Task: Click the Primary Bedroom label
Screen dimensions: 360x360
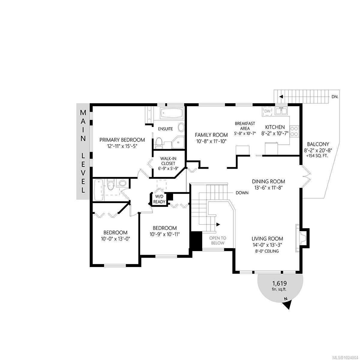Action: pos(122,140)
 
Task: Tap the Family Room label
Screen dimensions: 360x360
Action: pos(211,135)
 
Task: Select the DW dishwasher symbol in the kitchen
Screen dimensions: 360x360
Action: pos(267,111)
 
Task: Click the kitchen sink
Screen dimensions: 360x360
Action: pos(281,111)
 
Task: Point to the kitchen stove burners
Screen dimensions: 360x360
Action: pos(294,131)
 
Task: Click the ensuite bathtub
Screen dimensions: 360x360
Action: pos(172,113)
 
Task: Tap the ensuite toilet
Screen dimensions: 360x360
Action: pos(159,143)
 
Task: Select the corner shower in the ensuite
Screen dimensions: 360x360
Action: pos(178,142)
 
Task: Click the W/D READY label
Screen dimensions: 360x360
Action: pos(159,199)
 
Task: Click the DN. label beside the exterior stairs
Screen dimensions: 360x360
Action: pos(335,97)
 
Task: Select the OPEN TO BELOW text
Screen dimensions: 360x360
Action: pos(217,241)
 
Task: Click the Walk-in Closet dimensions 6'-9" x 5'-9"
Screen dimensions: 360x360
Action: pos(168,168)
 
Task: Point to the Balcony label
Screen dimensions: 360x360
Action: pos(318,144)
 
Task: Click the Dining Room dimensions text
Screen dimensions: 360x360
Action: pos(268,188)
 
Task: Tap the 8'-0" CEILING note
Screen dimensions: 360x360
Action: pos(267,251)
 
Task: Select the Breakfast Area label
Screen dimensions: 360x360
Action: pos(245,126)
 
